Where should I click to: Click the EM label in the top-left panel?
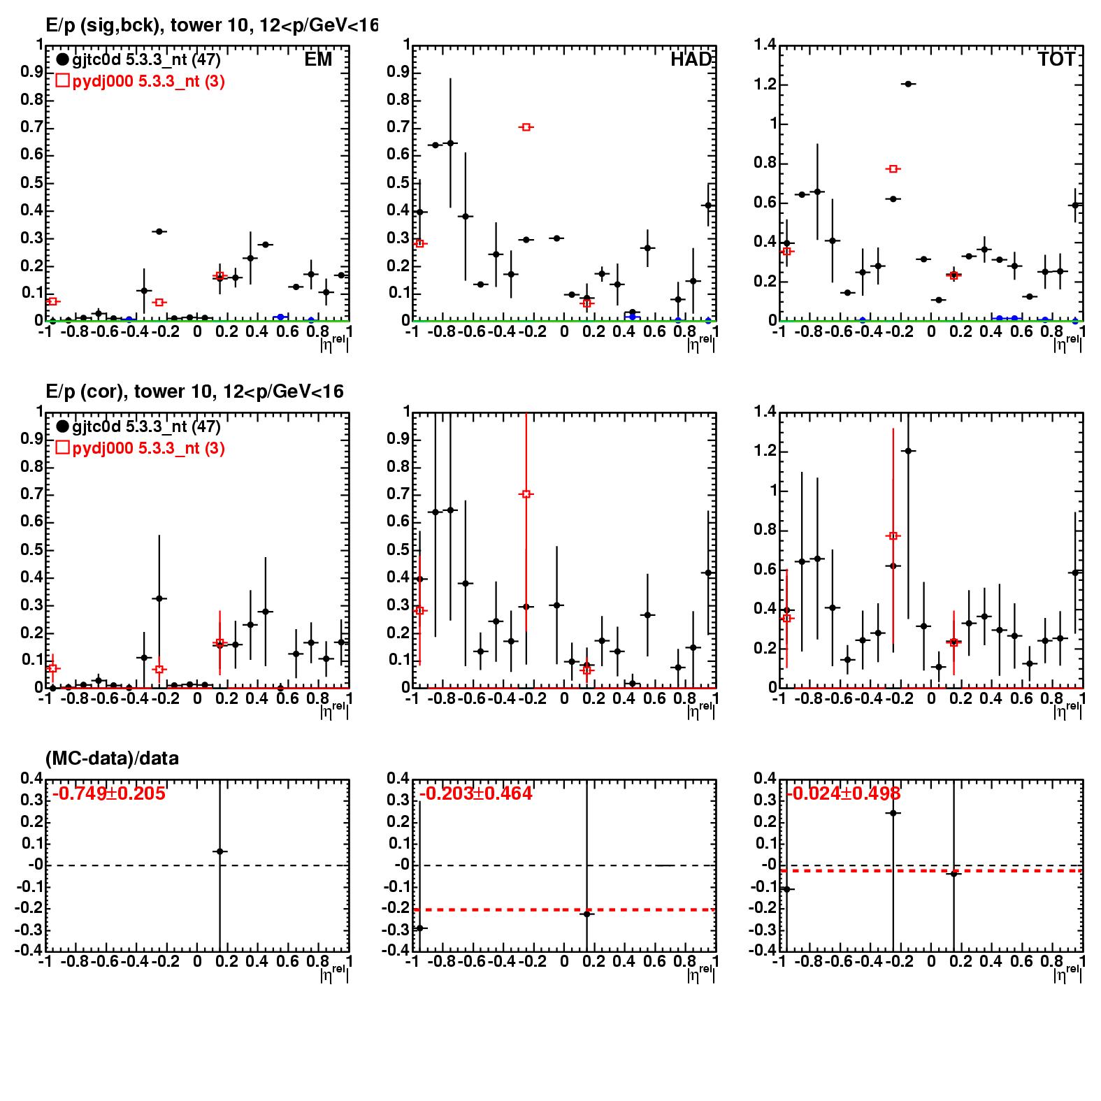pyautogui.click(x=318, y=59)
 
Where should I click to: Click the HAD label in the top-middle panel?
pyautogui.click(x=691, y=59)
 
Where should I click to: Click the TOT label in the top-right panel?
pyautogui.click(x=1056, y=59)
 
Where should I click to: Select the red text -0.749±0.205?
pyautogui.click(x=108, y=793)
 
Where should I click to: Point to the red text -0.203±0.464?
pyautogui.click(x=475, y=793)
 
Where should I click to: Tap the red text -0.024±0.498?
pyautogui.click(x=843, y=793)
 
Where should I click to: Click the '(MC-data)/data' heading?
pyautogui.click(x=112, y=758)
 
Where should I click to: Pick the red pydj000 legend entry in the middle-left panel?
pyautogui.click(x=140, y=448)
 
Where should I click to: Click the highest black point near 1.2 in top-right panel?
pyautogui.click(x=908, y=84)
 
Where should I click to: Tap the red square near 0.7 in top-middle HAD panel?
pyautogui.click(x=526, y=127)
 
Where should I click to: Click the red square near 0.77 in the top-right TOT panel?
pyautogui.click(x=893, y=168)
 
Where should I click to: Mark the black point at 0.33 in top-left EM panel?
pyautogui.click(x=159, y=231)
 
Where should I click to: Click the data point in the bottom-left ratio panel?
pyautogui.click(x=220, y=851)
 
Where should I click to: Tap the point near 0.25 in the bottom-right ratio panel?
pyautogui.click(x=893, y=813)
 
